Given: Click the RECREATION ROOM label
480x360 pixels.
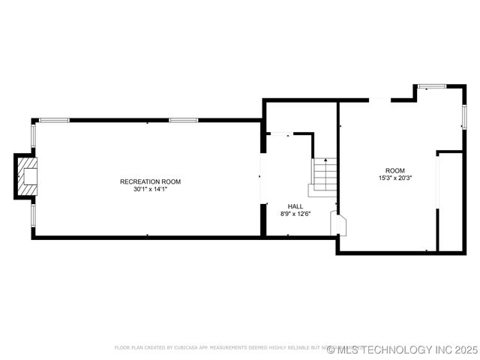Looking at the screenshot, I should (150, 181).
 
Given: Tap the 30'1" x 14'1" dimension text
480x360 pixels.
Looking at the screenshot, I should (150, 190).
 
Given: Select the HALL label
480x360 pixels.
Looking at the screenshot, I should (295, 205).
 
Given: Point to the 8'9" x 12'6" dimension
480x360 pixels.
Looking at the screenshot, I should (295, 214).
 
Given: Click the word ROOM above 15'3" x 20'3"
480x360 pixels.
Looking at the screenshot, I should (394, 170).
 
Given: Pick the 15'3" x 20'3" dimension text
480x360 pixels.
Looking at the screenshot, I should (394, 178).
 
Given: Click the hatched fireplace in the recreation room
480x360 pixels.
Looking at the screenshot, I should (28, 176).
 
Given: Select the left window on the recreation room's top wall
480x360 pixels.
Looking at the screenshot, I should (54, 120).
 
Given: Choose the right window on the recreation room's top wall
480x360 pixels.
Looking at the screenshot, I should (184, 120).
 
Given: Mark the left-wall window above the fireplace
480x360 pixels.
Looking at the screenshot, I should (33, 136).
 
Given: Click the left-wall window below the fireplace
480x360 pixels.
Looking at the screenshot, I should (33, 214).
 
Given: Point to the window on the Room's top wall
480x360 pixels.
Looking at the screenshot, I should (432, 86).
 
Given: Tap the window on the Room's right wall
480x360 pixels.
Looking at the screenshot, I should (464, 116).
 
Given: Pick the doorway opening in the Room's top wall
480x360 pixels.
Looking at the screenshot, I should (379, 100).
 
